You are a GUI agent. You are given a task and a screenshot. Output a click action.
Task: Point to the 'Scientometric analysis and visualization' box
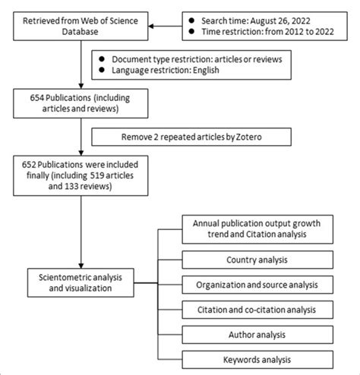[79, 282]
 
